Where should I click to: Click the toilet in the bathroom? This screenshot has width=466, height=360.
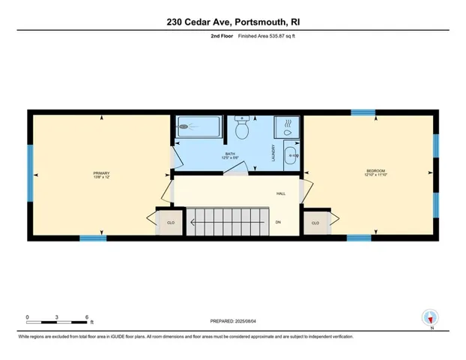coord(241,129)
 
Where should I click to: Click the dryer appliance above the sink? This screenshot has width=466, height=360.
coord(285,127)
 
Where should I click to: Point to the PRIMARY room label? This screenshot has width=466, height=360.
coord(101,173)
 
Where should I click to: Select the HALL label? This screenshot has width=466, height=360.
coord(281,193)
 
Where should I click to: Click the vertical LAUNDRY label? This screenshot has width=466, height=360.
coord(274,154)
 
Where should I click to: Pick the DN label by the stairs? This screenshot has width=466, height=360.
coord(278,223)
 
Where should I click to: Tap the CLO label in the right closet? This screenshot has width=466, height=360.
coord(315,223)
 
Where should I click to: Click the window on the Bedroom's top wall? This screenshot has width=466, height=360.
coord(363,112)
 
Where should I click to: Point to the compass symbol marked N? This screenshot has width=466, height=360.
coord(429,317)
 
